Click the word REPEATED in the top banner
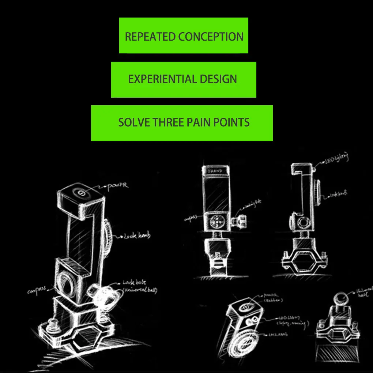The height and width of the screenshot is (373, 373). click(x=150, y=37)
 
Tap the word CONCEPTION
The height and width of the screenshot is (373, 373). click(x=211, y=37)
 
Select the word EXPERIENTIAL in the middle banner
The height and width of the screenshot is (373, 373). click(x=157, y=79)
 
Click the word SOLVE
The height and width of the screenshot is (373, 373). click(x=134, y=122)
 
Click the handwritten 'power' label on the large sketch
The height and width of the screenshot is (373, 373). click(x=118, y=186)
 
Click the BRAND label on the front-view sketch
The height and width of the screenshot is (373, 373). click(x=215, y=171)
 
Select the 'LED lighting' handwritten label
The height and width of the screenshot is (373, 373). click(x=336, y=158)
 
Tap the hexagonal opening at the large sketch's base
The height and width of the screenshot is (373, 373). click(x=87, y=338)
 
